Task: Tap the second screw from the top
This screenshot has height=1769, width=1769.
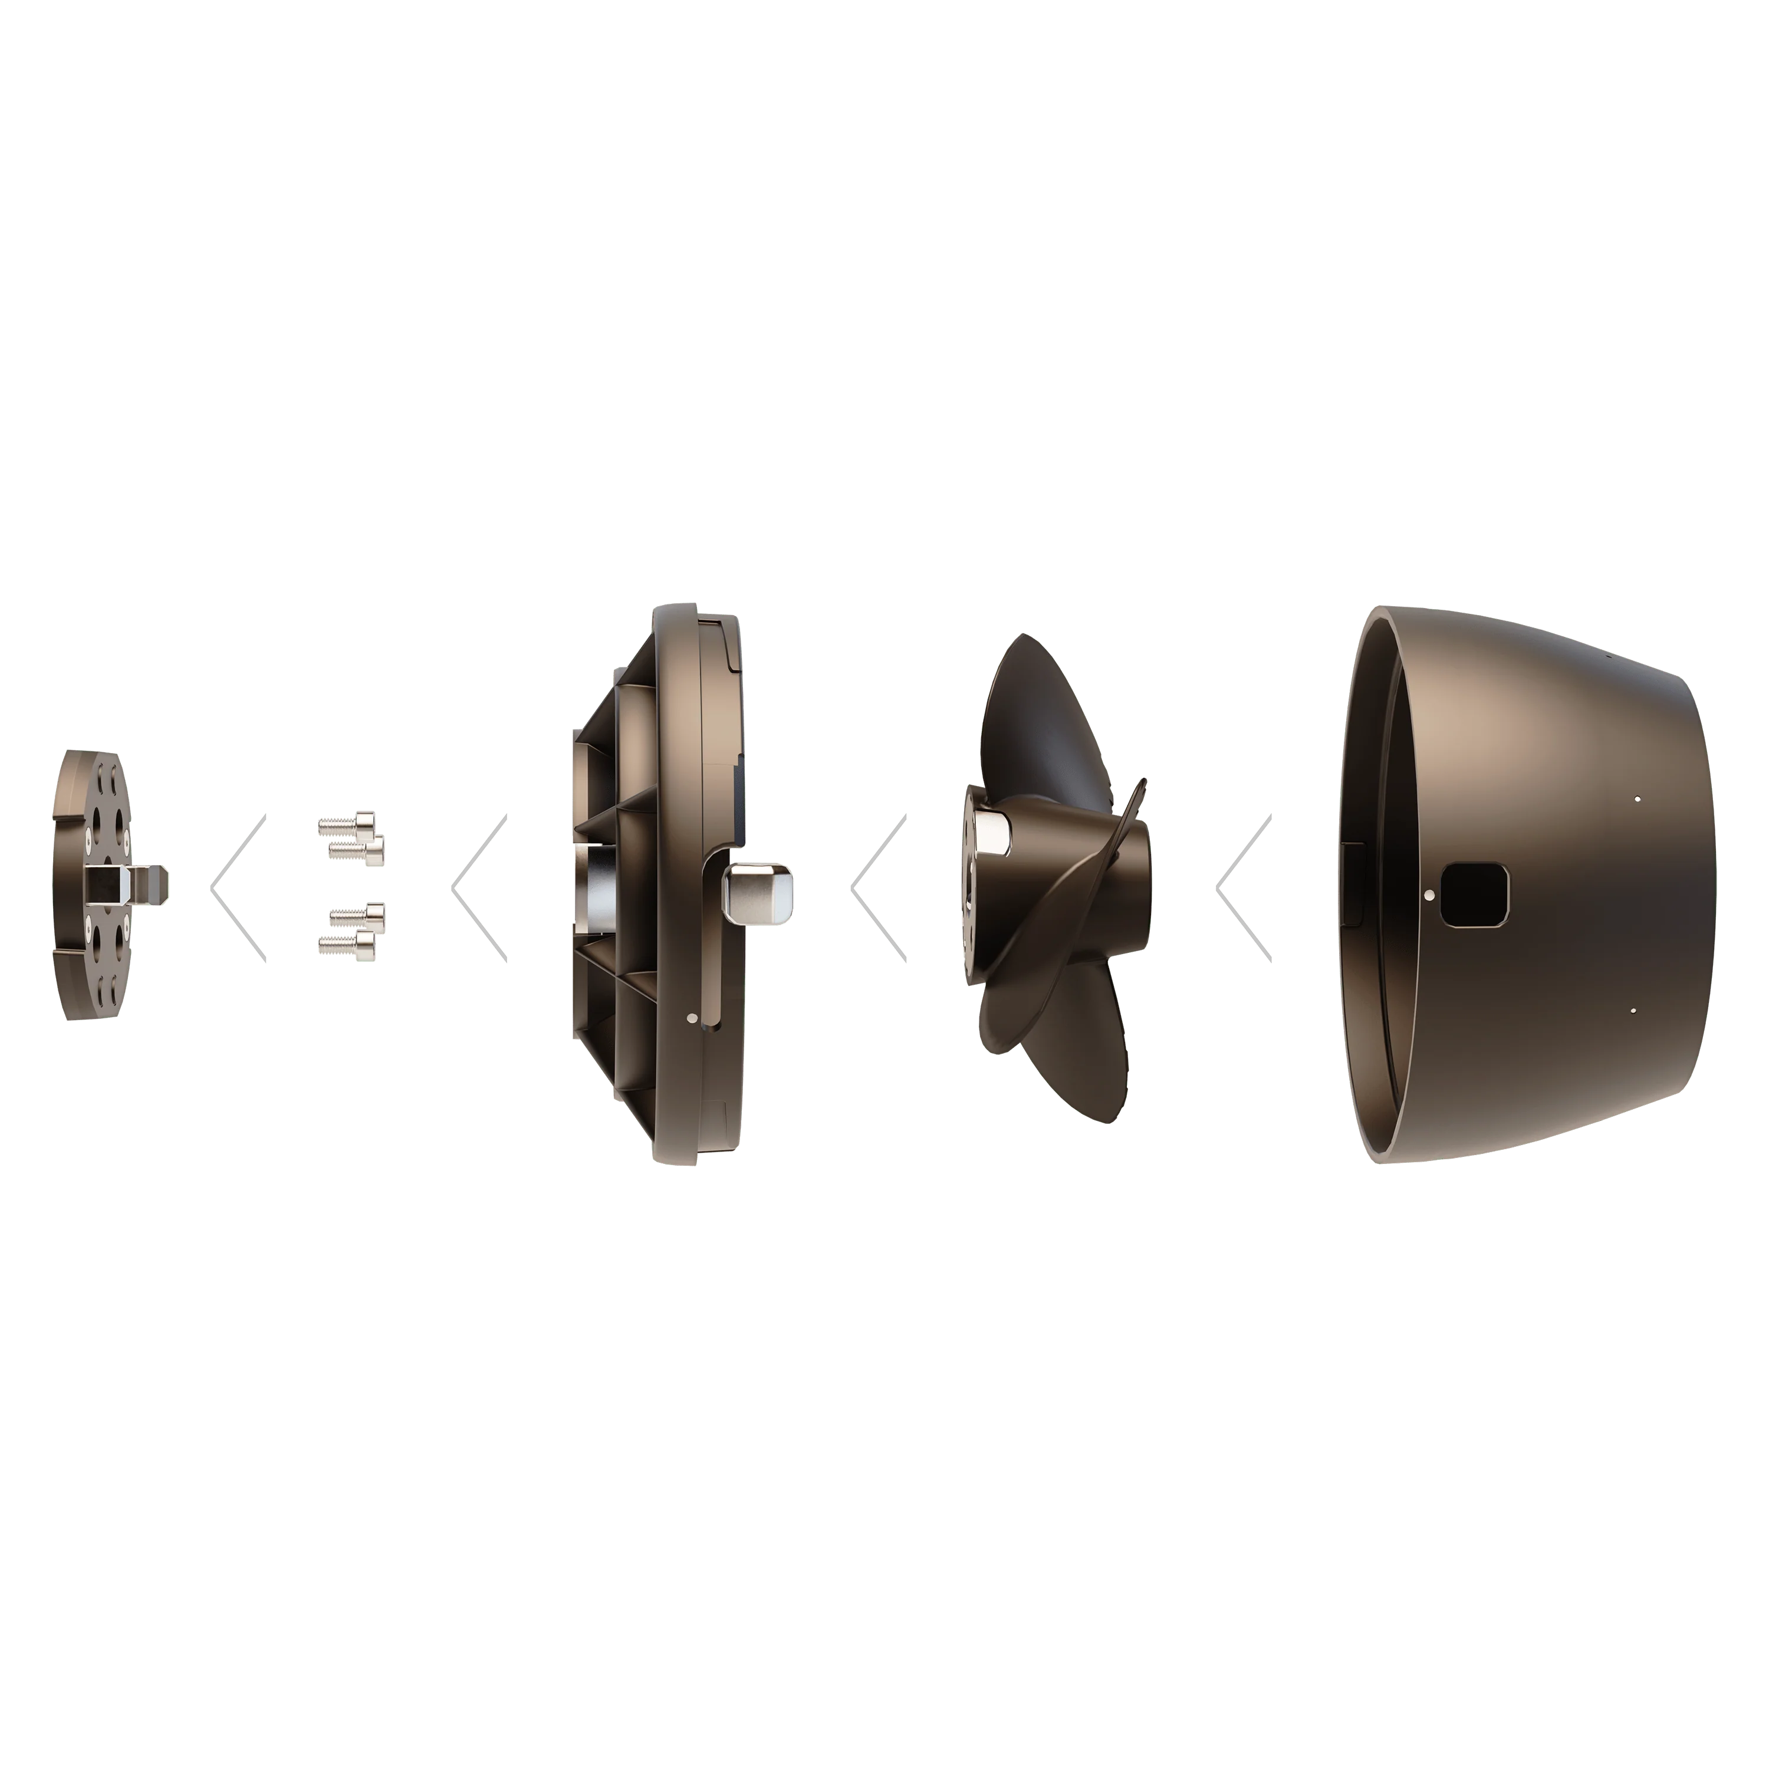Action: [358, 851]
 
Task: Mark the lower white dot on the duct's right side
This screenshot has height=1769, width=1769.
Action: [1635, 1010]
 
